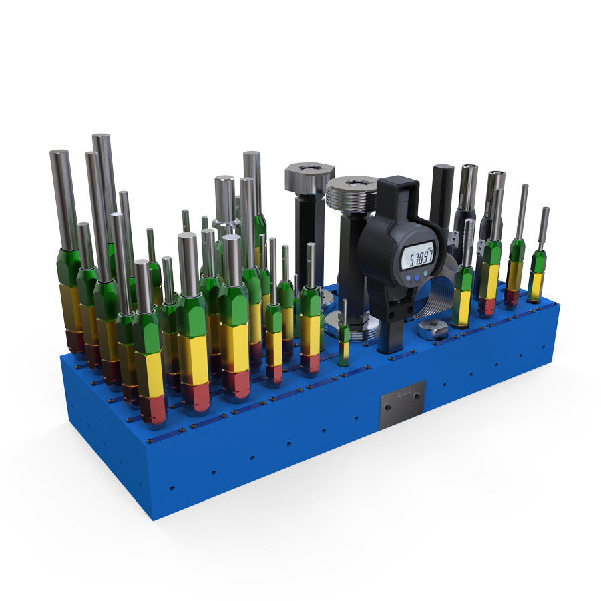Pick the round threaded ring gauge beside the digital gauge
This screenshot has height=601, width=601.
(353, 194)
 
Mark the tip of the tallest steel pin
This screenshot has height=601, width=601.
(101, 136)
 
